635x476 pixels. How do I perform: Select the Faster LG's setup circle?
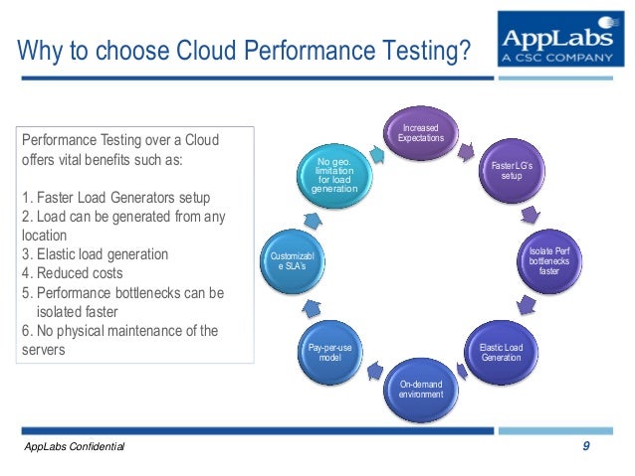[512, 170]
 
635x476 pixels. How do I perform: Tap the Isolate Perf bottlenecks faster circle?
[549, 262]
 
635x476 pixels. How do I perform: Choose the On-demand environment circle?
[419, 389]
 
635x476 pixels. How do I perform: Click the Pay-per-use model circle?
[328, 352]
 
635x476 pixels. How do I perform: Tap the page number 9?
[586, 447]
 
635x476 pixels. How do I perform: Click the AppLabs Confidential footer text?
[75, 449]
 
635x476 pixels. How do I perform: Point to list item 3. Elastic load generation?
[95, 254]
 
